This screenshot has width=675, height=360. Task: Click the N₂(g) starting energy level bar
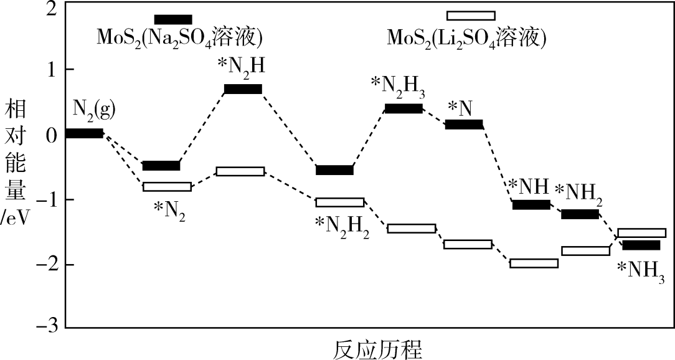(x=84, y=133)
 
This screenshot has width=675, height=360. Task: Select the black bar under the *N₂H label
(x=243, y=89)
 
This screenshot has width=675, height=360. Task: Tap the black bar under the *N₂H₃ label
(x=404, y=108)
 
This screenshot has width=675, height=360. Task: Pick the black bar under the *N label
(x=464, y=125)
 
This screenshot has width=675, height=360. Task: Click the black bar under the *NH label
(x=531, y=204)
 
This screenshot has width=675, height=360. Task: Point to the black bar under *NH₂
(x=580, y=214)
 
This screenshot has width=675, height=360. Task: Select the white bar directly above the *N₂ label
(x=167, y=187)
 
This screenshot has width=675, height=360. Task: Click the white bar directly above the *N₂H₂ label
(x=339, y=202)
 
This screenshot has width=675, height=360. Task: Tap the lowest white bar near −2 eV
(x=534, y=263)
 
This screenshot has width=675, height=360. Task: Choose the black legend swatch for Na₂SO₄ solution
(x=173, y=19)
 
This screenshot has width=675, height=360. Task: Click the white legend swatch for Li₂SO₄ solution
(x=471, y=16)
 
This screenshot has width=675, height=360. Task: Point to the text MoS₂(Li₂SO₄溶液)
(x=466, y=38)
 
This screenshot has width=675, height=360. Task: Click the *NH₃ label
(x=641, y=270)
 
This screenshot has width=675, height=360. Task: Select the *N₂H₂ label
(x=342, y=225)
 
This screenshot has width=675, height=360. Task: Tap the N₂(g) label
(x=94, y=109)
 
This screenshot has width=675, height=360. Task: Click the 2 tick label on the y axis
(x=51, y=9)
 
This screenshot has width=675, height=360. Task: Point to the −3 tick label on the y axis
(x=47, y=327)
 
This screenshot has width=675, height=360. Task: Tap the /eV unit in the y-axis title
(x=15, y=220)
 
